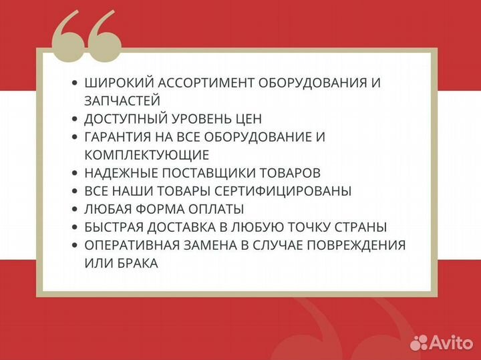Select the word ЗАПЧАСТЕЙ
point(122,101)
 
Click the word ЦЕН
point(249,119)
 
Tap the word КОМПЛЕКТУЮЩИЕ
point(147,155)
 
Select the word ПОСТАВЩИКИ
point(213,173)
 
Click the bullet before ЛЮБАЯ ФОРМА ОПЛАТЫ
point(74,209)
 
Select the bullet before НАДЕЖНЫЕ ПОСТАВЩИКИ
point(74,173)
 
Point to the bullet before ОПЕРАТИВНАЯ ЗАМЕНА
point(74,245)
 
